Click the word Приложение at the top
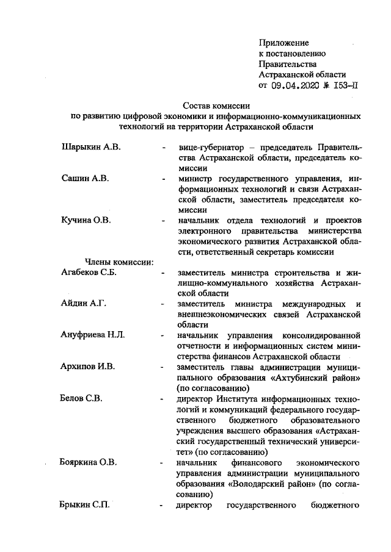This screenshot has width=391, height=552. (284, 43)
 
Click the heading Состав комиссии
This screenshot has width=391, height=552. (213, 106)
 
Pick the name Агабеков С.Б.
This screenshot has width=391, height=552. (89, 273)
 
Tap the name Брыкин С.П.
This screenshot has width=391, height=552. (85, 505)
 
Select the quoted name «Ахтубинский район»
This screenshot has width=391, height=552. (316, 378)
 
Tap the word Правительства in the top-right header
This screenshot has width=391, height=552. (288, 64)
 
